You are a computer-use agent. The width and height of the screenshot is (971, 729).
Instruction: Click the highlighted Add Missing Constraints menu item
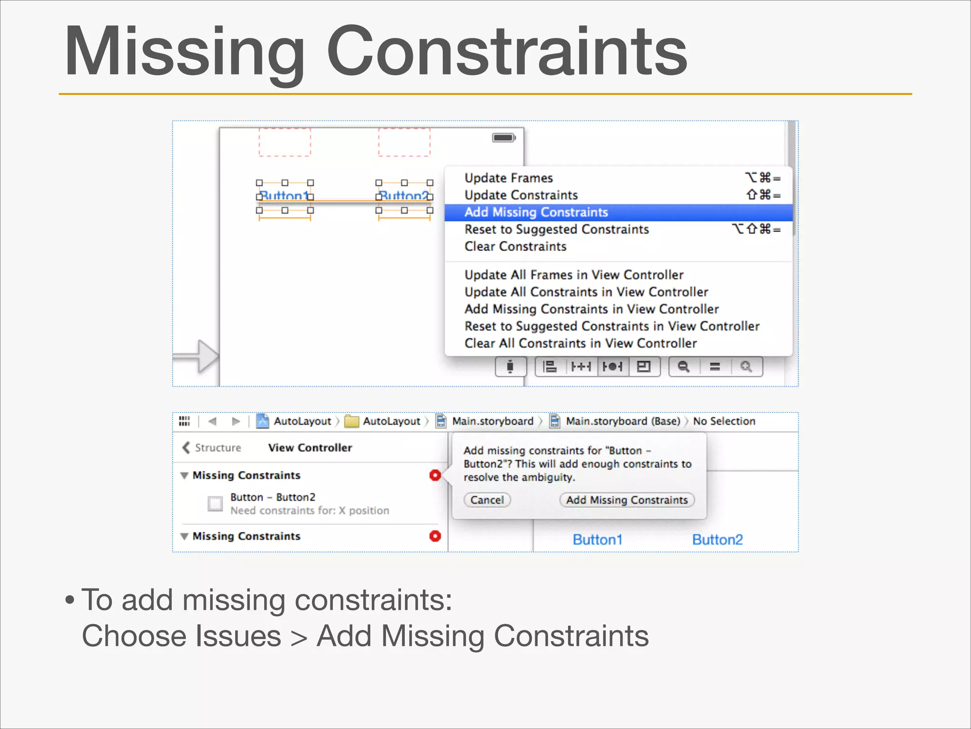[536, 212]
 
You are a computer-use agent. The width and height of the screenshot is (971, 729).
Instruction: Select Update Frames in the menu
[508, 178]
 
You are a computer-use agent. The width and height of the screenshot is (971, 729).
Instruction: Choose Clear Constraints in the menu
[515, 246]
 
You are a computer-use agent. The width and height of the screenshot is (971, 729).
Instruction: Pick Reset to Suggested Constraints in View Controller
[612, 326]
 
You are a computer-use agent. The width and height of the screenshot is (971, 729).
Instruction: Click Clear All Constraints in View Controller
[580, 343]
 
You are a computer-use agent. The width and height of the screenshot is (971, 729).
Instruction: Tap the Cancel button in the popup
[487, 500]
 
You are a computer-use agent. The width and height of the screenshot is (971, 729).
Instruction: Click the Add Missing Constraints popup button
[627, 500]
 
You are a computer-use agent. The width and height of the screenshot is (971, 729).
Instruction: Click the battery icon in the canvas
[504, 138]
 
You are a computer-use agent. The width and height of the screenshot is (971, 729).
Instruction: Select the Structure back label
[218, 448]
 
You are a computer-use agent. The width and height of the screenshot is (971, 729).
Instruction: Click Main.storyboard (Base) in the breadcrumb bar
[623, 421]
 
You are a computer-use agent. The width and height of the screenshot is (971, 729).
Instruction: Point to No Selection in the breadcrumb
[724, 421]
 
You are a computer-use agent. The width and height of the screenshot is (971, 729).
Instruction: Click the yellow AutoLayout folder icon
[351, 421]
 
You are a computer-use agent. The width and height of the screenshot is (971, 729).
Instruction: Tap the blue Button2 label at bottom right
[717, 540]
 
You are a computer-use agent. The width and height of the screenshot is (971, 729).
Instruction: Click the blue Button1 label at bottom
[597, 540]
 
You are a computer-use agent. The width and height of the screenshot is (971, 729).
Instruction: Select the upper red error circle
[435, 475]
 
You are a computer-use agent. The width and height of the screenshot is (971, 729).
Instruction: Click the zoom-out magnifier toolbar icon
[683, 366]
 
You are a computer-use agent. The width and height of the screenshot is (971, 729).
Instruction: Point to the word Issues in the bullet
[238, 636]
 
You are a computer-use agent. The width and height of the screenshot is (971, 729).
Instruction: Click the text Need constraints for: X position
[310, 511]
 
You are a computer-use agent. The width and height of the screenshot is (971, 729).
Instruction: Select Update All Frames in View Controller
[574, 275]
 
